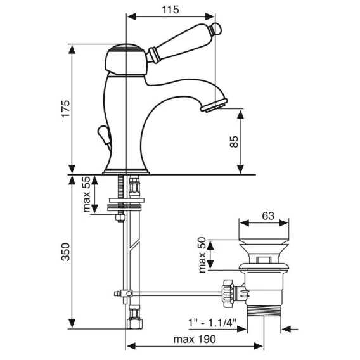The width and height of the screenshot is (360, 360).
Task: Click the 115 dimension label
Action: (170, 10)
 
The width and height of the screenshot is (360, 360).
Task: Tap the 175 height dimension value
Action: (66, 109)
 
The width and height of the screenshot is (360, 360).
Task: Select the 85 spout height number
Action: (234, 142)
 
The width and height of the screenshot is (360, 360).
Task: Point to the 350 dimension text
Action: (66, 252)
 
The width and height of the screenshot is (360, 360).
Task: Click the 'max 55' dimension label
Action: (86, 194)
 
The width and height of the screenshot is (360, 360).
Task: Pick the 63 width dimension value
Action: (268, 216)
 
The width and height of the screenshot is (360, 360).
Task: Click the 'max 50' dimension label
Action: (202, 255)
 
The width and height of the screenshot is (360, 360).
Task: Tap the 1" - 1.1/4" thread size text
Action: (212, 323)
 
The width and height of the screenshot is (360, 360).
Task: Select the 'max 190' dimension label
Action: (195, 339)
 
